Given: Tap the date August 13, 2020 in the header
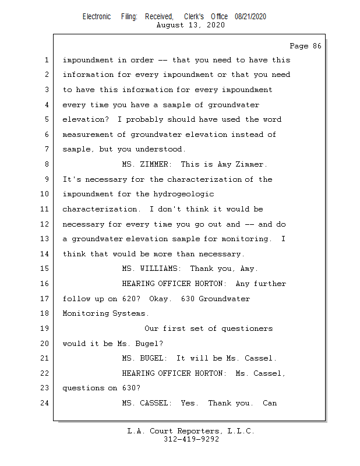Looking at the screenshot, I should pyautogui.click(x=191, y=25).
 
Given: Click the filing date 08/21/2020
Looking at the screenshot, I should pyautogui.click(x=250, y=17).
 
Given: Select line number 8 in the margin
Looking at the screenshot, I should pyautogui.click(x=46, y=164).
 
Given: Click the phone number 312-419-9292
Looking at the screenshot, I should pyautogui.click(x=191, y=439).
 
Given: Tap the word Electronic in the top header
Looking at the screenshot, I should pyautogui.click(x=97, y=17).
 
